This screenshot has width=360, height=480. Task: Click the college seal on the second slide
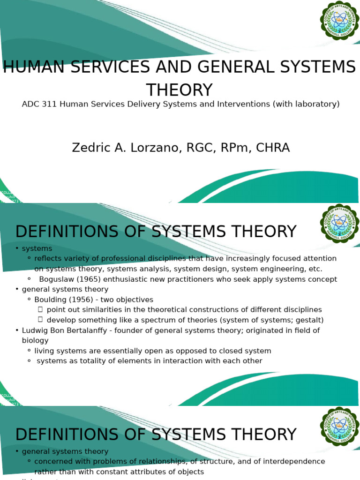pos(339,224)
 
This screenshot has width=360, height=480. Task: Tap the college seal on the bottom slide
pos(339,427)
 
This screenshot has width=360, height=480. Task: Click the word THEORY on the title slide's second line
pos(180,90)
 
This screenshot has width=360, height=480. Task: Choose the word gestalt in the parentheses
pos(307,320)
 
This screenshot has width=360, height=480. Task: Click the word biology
pos(35,341)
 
